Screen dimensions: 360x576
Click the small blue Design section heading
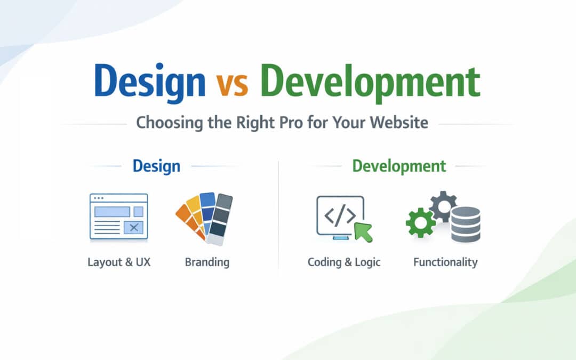pos(156,166)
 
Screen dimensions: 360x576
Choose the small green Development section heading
pos(399,166)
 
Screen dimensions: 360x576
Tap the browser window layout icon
pos(118,216)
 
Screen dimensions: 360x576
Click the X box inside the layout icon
pos(134,228)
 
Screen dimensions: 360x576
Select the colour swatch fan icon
pos(205,218)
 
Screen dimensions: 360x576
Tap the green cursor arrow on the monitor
pos(363,231)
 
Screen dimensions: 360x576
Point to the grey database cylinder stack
pos(466,224)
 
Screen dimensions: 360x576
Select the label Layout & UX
pos(119,262)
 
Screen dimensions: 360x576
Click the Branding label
pos(207,262)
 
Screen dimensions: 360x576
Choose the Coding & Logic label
pos(344,262)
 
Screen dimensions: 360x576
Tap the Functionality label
pos(445,262)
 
